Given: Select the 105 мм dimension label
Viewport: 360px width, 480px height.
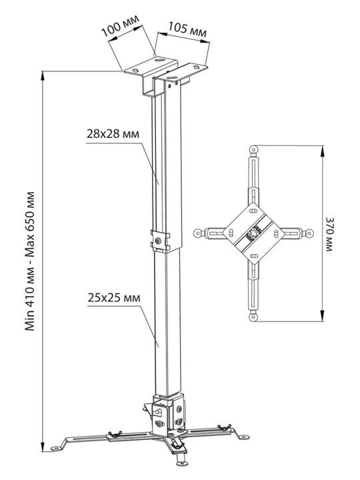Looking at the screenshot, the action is click(x=187, y=29).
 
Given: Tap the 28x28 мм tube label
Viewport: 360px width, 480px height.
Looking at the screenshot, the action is click(x=113, y=134).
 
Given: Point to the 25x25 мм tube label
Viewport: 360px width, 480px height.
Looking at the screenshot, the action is click(x=114, y=297).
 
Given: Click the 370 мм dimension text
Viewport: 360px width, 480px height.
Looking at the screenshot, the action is click(x=329, y=234).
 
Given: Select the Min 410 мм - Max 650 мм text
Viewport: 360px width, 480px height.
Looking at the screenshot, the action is click(x=30, y=261).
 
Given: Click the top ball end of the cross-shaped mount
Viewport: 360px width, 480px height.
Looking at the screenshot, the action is click(x=254, y=149).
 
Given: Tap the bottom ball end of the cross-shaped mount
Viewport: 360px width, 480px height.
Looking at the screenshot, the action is click(x=254, y=317).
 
